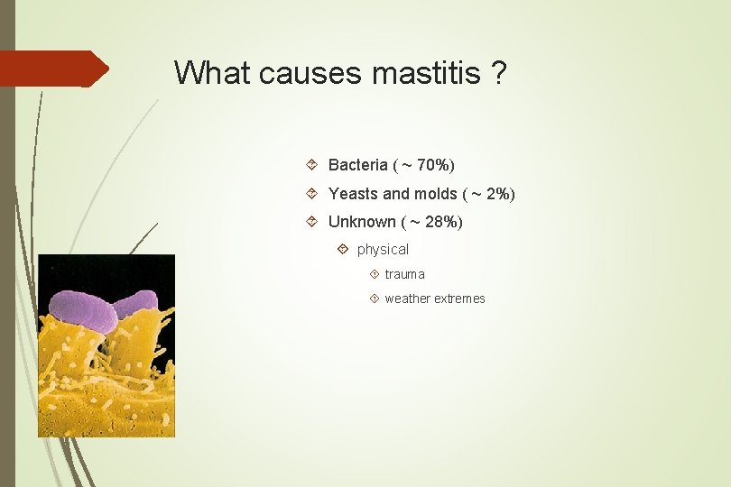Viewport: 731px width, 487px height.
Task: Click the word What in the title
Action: pos(213,72)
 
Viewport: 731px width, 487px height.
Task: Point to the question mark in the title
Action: pos(500,72)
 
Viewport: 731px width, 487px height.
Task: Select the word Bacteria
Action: pos(357,165)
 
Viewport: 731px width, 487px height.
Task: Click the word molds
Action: pos(435,194)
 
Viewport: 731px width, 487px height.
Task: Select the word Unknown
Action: pos(362,222)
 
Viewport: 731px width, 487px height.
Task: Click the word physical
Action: pos(383,250)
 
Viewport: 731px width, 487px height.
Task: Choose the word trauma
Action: pos(404,274)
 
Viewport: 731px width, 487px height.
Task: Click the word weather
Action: pos(408,299)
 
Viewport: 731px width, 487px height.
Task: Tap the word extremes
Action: pos(460,299)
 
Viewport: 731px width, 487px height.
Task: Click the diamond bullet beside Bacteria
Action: pos(311,165)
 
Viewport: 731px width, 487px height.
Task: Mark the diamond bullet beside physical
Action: pos(343,249)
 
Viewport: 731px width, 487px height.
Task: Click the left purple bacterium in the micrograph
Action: pos(82,310)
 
